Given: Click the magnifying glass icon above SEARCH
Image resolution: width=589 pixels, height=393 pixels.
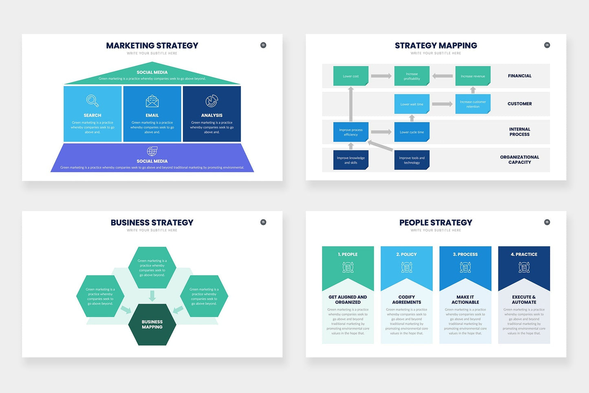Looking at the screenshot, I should pyautogui.click(x=93, y=101).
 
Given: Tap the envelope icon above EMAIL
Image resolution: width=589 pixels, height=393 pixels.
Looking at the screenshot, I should pyautogui.click(x=152, y=101).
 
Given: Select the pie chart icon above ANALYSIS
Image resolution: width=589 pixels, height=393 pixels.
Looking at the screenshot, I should pyautogui.click(x=212, y=101).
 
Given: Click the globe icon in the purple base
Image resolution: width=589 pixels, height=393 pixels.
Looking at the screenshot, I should pyautogui.click(x=152, y=151).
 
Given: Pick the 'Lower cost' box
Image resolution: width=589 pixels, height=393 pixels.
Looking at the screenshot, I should pyautogui.click(x=351, y=76).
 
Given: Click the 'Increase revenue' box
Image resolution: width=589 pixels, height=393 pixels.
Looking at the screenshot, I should pyautogui.click(x=473, y=76).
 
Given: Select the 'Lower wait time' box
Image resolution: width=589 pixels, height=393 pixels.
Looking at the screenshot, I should pyautogui.click(x=412, y=104).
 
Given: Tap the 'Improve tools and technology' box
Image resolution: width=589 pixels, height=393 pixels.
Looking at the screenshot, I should pyautogui.click(x=412, y=160).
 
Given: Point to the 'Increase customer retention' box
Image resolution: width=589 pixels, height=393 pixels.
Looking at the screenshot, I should pyautogui.click(x=473, y=104).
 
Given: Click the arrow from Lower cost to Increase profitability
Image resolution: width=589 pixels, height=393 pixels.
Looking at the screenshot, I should pyautogui.click(x=381, y=76).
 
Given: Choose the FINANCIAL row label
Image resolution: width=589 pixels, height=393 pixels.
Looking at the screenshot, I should pyautogui.click(x=520, y=76).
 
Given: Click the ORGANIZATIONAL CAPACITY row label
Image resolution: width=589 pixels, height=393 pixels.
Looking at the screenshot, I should pyautogui.click(x=520, y=159).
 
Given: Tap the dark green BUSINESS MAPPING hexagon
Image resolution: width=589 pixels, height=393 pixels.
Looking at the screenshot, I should pyautogui.click(x=152, y=325).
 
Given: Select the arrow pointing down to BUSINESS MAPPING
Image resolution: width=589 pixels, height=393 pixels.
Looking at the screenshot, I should pyautogui.click(x=152, y=296).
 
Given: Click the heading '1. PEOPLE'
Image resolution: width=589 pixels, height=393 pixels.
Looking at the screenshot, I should pyautogui.click(x=348, y=254).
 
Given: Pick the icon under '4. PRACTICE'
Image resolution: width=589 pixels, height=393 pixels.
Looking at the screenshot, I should pyautogui.click(x=524, y=267).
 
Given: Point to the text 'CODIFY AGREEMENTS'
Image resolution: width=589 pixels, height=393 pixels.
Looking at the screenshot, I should pyautogui.click(x=406, y=300).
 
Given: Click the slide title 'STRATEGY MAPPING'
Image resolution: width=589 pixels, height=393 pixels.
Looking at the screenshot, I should pyautogui.click(x=436, y=46).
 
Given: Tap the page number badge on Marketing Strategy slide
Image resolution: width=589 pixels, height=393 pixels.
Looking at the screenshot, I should pyautogui.click(x=263, y=45).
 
